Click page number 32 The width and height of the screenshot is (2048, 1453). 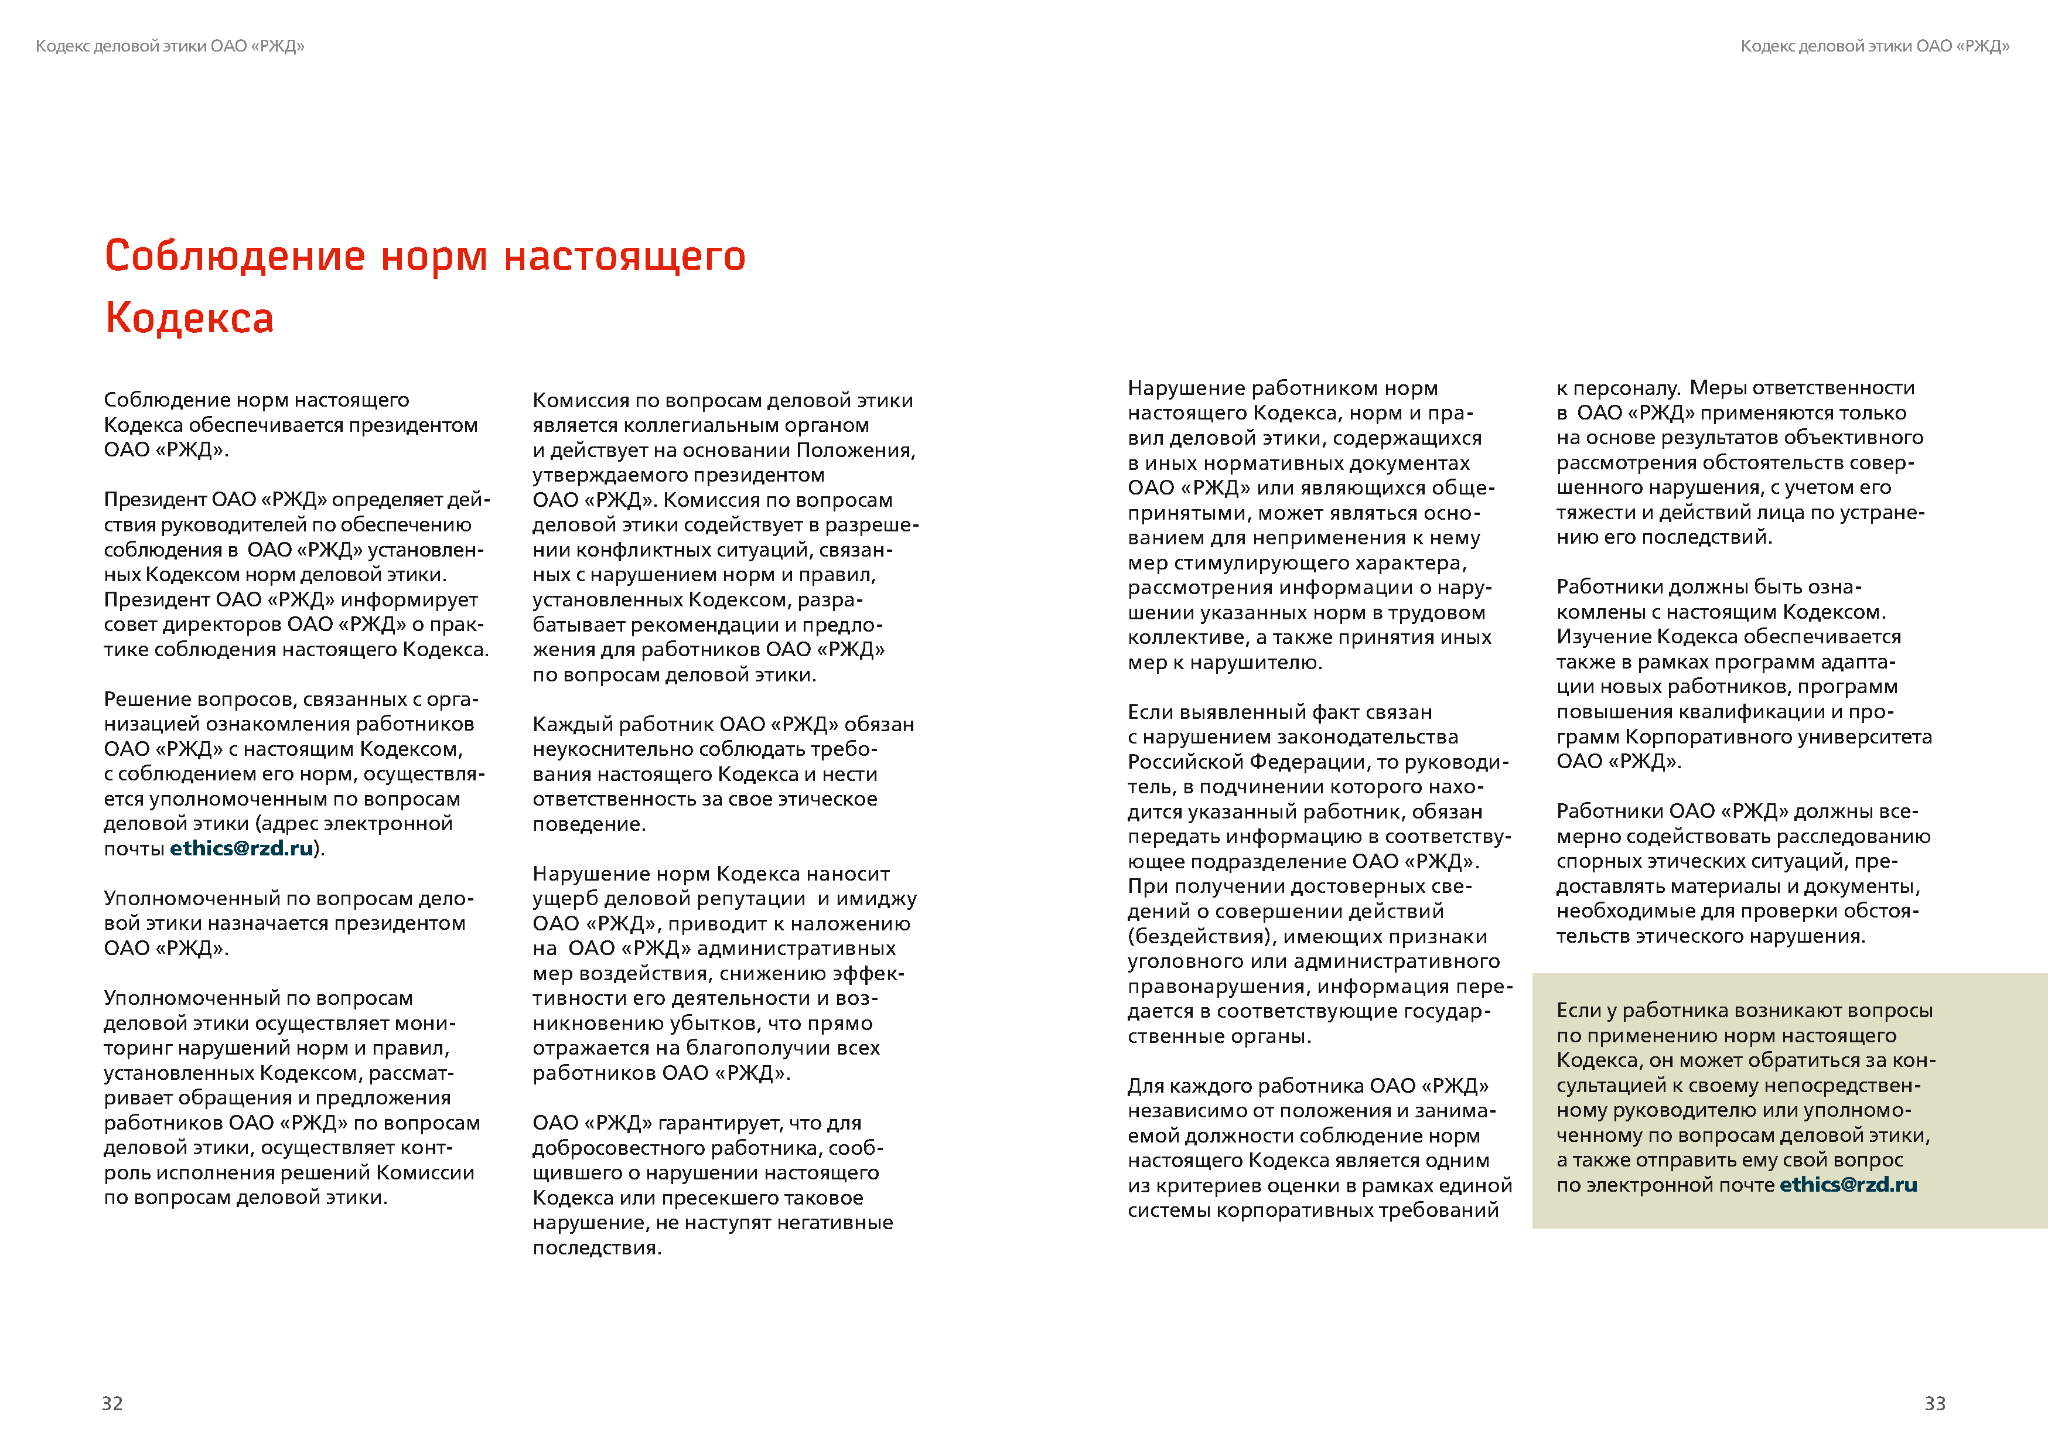click(x=112, y=1403)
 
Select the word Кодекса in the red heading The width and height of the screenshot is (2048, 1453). click(x=190, y=319)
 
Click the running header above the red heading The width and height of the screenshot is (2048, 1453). click(x=170, y=46)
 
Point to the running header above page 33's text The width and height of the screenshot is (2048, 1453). click(x=1875, y=46)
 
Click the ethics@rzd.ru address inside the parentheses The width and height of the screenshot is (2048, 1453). click(x=241, y=848)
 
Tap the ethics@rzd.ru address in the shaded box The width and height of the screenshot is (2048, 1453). click(x=1848, y=1185)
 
